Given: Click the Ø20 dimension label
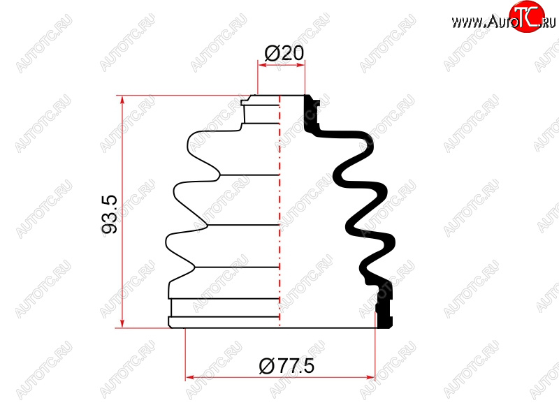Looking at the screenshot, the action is point(284,54).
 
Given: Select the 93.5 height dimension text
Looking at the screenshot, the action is point(110,214).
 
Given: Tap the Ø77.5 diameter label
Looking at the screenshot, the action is point(286,366).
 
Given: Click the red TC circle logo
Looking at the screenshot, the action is point(527,16).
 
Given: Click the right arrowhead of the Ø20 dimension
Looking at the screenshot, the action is point(301,65).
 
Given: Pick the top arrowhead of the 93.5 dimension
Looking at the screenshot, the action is point(122,100).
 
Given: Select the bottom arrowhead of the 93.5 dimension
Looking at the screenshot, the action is point(122,323).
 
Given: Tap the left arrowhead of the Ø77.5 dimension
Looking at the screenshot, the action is point(189,377).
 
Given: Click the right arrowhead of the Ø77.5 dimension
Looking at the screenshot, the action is point(371,377).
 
